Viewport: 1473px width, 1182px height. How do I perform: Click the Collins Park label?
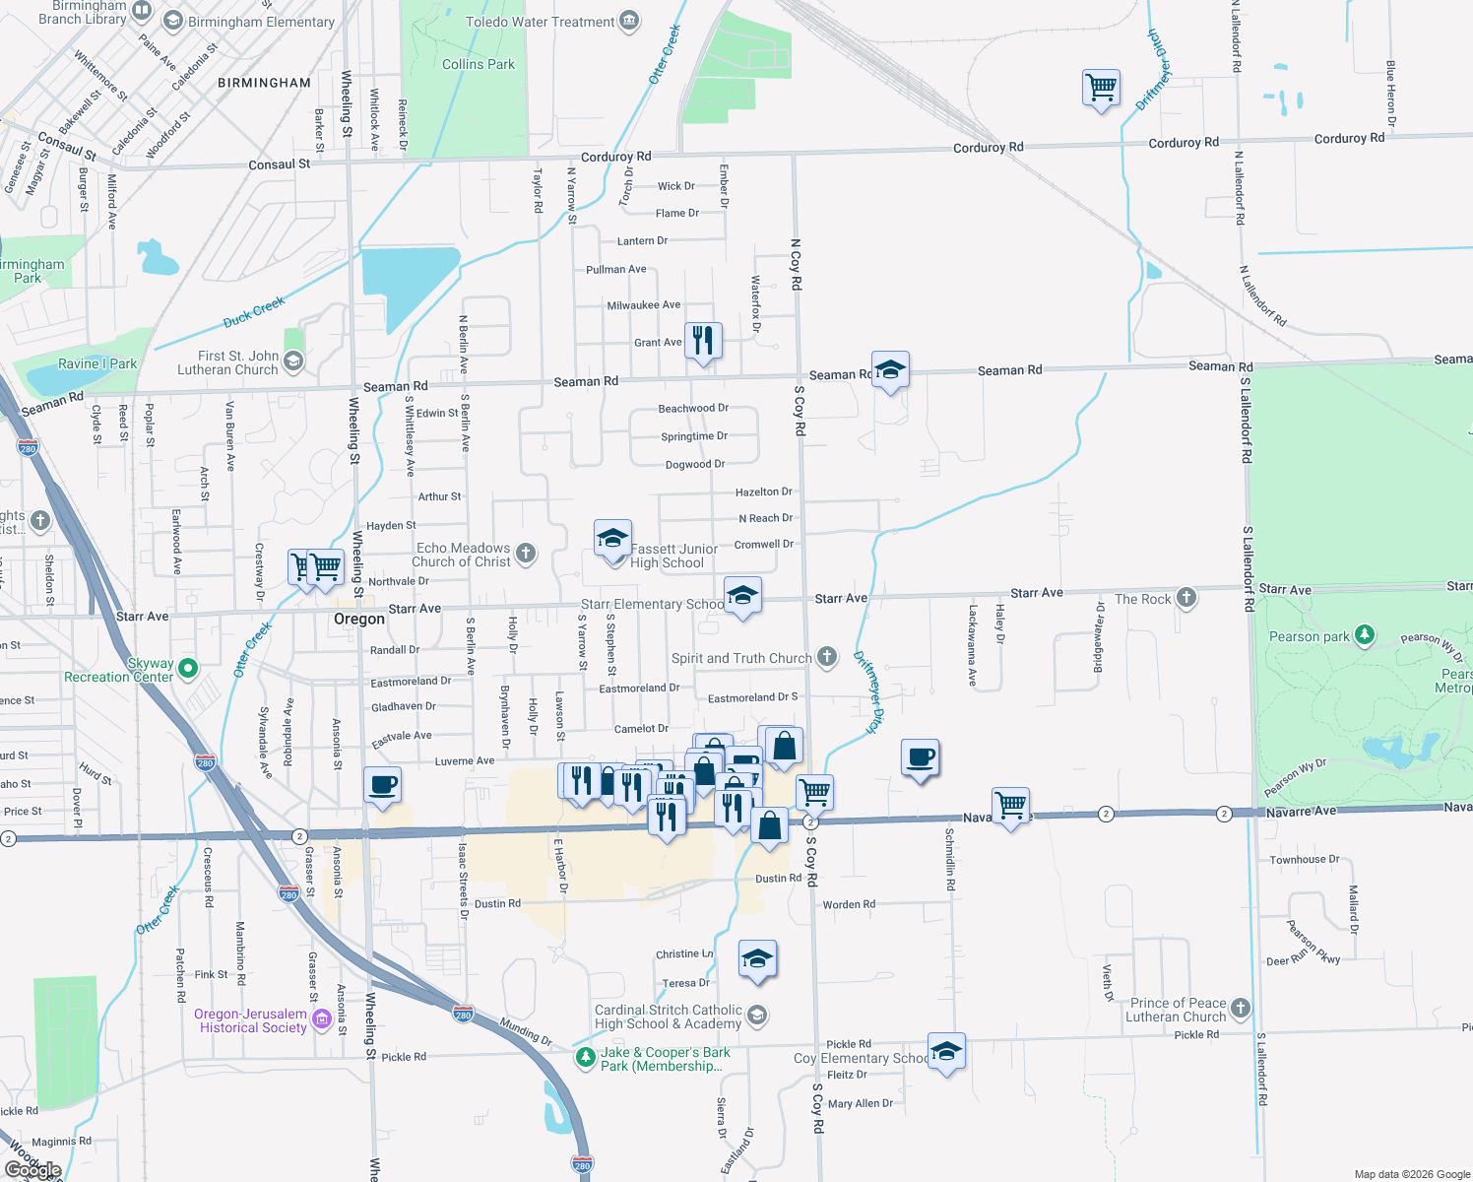(478, 64)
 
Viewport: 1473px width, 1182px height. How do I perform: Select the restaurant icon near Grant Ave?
(703, 341)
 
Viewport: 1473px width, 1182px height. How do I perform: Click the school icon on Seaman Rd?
(890, 370)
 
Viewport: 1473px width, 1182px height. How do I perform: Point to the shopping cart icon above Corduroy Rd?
(1101, 88)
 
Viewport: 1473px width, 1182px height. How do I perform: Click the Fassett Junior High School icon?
(612, 539)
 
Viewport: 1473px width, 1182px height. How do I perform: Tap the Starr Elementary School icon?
(742, 596)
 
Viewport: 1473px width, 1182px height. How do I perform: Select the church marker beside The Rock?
(1186, 597)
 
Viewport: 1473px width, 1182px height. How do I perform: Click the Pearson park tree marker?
(1365, 635)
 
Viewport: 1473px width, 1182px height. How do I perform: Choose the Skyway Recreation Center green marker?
(188, 669)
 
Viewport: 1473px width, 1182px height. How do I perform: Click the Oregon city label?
(359, 619)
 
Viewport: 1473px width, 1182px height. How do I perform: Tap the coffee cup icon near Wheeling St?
(382, 785)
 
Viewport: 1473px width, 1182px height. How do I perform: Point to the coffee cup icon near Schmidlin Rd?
(920, 757)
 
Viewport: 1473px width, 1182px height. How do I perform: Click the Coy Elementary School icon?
(946, 1051)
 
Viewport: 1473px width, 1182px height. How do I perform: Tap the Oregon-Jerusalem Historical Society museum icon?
(322, 1020)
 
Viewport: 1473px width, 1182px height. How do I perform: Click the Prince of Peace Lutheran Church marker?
(1241, 1009)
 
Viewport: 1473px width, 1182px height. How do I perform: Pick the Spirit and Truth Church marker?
(827, 657)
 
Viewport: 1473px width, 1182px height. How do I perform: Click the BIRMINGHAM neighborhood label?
(264, 83)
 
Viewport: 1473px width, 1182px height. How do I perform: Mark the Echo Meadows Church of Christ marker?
(526, 554)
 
